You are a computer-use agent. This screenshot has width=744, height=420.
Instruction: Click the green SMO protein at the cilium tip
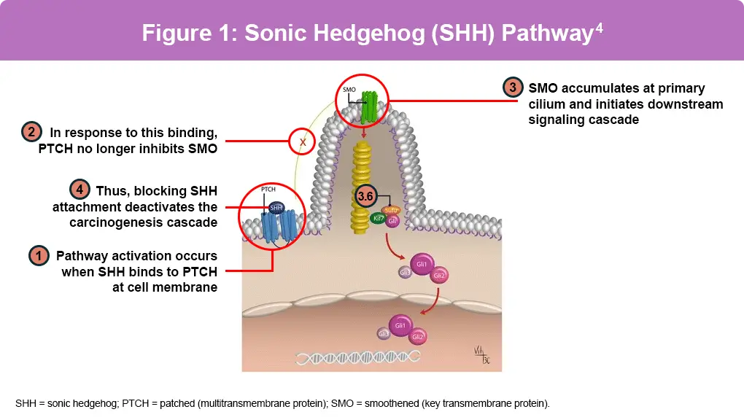tap(373, 105)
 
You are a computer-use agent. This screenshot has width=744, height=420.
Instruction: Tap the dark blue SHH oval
tap(276, 208)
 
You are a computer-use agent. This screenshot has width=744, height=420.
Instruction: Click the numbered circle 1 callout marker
tap(38, 256)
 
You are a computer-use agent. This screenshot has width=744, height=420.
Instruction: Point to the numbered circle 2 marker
tap(31, 133)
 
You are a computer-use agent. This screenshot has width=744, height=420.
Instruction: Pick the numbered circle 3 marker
tap(513, 87)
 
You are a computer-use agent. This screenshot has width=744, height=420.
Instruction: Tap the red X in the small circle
tap(301, 141)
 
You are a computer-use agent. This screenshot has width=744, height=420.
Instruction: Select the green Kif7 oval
tap(377, 218)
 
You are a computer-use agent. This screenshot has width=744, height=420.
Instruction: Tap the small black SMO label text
tap(349, 91)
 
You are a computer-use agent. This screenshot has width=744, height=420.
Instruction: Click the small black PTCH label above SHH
tap(268, 189)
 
